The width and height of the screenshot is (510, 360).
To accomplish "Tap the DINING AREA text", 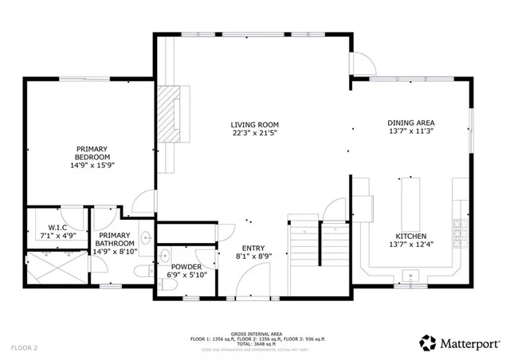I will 410,123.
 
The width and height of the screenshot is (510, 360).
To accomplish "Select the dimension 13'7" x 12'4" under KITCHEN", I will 410,245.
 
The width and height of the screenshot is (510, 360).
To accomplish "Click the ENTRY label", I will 253,248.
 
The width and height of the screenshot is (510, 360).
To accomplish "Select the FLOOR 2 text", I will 25,348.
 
